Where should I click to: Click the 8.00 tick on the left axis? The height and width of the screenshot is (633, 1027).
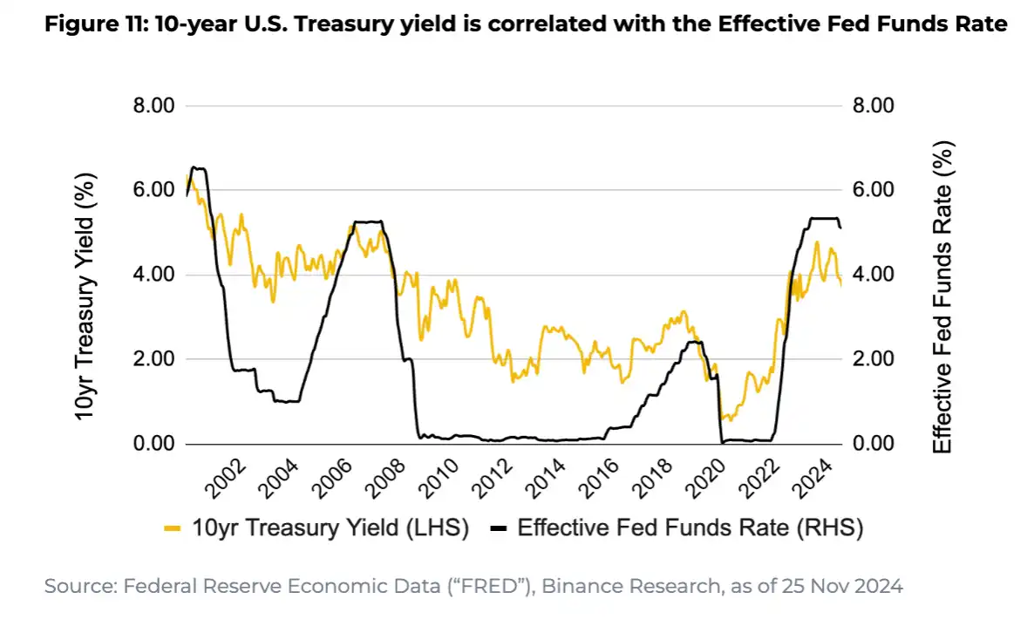tap(153, 105)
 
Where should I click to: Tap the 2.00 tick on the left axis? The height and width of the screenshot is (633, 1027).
tap(153, 359)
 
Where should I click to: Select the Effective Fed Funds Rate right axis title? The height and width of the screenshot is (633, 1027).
tap(942, 296)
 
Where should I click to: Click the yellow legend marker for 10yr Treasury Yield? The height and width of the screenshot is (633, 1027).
tap(173, 527)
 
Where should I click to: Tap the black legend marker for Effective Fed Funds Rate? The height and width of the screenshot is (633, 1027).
tap(499, 527)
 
